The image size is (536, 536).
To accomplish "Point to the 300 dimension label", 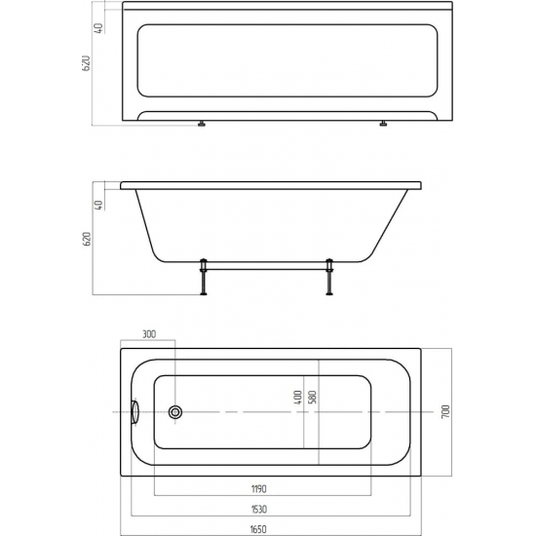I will coord(149,334).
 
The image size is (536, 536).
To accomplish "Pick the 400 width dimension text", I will coord(298,399).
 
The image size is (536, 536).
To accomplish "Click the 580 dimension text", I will coord(313,399).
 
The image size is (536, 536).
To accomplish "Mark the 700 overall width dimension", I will coord(445,411).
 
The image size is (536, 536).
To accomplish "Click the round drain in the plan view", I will coord(175,412).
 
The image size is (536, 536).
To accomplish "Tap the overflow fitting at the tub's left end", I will coord(134,412).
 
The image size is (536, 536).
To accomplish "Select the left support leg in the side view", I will coord(204,276).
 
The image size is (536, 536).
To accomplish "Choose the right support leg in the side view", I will coord(330,276).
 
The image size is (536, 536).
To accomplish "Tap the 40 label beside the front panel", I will coord(99,27).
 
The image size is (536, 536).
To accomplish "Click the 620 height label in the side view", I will coord(87,238).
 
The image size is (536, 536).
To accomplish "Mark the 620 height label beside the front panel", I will coord(87,66).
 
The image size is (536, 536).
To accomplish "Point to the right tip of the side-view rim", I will coord(423,185).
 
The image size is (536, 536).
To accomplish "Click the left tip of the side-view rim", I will coord(121,185).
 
